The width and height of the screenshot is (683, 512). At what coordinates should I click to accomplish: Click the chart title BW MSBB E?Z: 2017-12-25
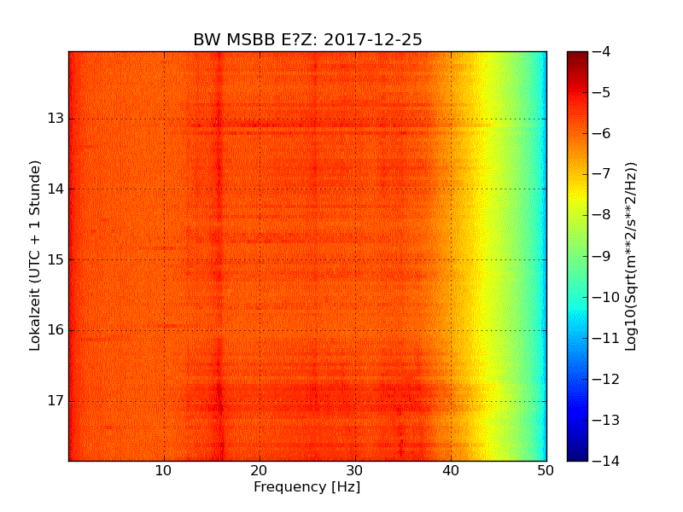[307, 40]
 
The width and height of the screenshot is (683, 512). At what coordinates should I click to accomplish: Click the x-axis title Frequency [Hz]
[306, 487]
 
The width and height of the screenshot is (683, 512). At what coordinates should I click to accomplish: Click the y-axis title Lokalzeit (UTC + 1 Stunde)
[35, 256]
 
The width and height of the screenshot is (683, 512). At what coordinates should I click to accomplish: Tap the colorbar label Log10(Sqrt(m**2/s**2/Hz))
[632, 256]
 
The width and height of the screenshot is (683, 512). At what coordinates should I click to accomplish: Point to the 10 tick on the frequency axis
[164, 470]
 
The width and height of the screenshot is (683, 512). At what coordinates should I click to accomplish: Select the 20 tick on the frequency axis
[260, 470]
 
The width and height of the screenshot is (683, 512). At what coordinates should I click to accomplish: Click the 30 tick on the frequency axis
[355, 470]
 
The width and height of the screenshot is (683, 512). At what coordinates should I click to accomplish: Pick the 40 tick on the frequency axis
[451, 470]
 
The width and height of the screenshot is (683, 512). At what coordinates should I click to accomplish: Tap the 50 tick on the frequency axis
[546, 470]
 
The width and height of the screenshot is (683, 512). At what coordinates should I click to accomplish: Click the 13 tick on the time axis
[56, 118]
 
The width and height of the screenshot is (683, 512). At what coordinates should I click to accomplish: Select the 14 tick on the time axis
[56, 189]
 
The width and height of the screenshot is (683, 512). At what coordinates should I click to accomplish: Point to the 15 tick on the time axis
[56, 259]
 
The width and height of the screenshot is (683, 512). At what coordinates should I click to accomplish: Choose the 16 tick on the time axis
[56, 330]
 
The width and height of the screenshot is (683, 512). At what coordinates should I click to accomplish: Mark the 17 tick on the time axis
[56, 401]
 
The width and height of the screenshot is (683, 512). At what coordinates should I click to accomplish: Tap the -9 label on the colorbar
[602, 256]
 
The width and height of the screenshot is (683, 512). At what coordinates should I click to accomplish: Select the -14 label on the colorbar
[604, 461]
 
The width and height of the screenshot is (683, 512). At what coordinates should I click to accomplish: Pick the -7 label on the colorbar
[602, 174]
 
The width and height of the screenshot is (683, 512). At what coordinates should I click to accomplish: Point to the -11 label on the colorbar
[604, 338]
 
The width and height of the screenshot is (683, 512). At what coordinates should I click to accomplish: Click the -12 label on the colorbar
[604, 379]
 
